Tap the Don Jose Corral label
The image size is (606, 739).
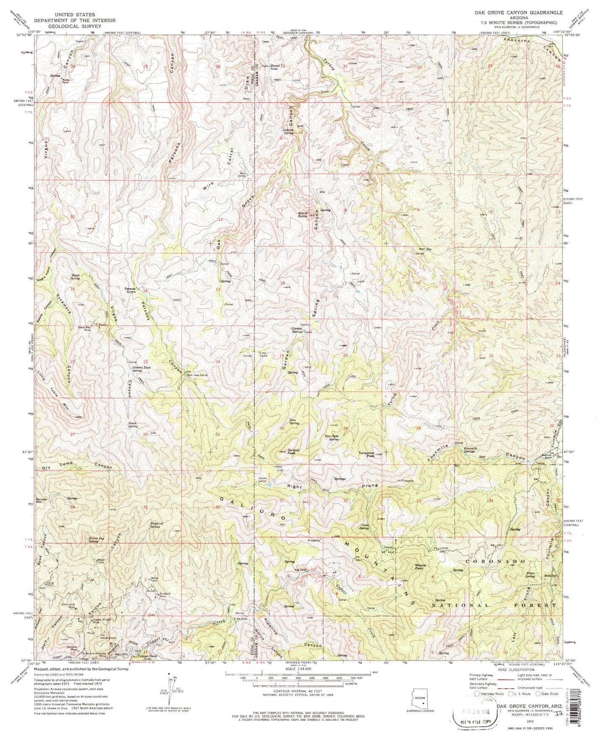197,375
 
